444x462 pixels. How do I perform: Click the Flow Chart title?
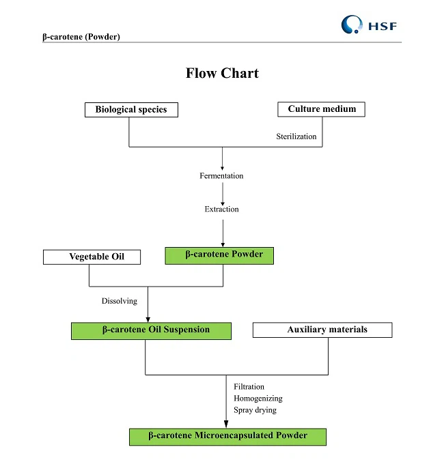222,73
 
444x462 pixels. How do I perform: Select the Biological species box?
131,110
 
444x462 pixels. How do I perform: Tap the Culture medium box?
322,109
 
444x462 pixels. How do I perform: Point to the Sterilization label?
296,136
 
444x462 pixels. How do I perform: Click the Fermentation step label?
221,176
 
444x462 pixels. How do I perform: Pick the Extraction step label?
222,210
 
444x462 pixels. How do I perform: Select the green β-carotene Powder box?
219,255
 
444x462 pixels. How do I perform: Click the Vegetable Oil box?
92,257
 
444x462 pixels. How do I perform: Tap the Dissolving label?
120,301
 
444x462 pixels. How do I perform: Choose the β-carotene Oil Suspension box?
151,330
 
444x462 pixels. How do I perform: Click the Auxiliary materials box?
322,330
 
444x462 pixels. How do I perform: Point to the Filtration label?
249,387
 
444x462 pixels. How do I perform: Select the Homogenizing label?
258,399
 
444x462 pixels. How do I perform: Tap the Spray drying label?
255,410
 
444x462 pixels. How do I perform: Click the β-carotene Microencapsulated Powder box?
227,436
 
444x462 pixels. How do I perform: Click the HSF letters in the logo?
383,27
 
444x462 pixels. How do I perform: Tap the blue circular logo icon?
352,25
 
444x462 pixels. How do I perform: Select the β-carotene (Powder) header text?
81,37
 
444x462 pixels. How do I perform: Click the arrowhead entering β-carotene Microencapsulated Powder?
226,424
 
